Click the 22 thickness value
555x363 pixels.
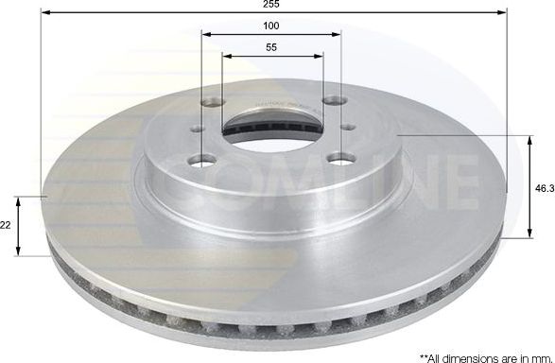(8, 224)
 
